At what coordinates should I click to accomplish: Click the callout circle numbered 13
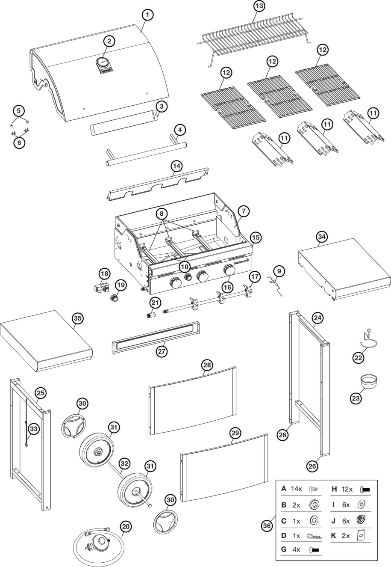click(x=259, y=6)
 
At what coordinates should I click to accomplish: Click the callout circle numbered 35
click(x=78, y=318)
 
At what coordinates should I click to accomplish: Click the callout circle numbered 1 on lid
click(x=147, y=15)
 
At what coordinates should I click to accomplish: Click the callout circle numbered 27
click(x=162, y=352)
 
